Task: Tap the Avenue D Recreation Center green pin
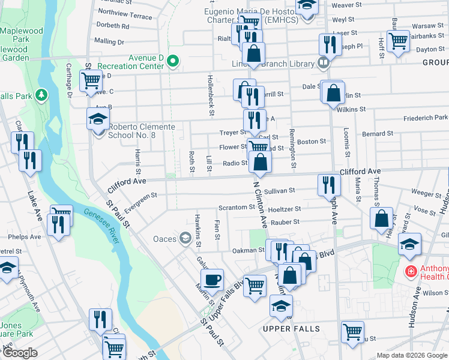pyautogui.click(x=173, y=61)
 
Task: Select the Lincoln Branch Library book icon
pyautogui.click(x=324, y=62)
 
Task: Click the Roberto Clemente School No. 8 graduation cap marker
pyautogui.click(x=98, y=120)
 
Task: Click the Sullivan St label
pyautogui.click(x=280, y=191)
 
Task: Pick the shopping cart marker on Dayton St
pyautogui.click(x=397, y=41)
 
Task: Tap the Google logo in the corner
pyautogui.click(x=19, y=353)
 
